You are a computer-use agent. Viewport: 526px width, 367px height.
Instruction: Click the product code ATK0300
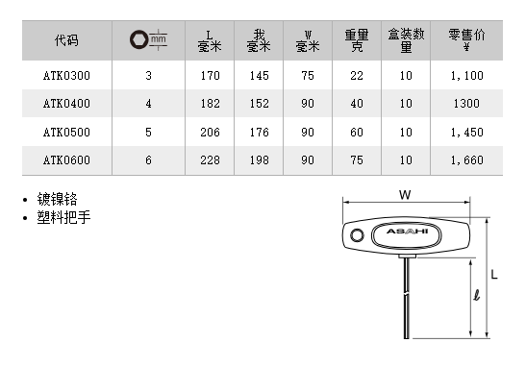pos(66,76)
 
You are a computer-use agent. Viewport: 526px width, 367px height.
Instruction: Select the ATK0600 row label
pos(66,160)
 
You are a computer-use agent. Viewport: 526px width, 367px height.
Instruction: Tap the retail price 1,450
pos(466,133)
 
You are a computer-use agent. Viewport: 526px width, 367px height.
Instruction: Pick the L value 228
pos(210,160)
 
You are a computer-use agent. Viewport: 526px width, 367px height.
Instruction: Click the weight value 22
pos(357,76)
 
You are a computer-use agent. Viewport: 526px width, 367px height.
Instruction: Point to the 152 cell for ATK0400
pos(259,104)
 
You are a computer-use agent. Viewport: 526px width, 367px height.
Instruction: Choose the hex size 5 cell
pos(148,133)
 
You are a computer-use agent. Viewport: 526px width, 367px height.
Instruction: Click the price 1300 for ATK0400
pos(466,104)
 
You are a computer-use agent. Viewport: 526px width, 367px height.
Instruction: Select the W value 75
pos(308,76)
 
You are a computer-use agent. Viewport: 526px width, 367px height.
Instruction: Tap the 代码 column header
pos(66,40)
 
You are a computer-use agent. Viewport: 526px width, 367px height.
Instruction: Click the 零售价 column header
pos(466,40)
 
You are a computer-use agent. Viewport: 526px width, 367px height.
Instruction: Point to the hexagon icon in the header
pos(138,39)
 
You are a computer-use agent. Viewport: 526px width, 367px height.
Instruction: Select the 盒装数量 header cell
pos(406,40)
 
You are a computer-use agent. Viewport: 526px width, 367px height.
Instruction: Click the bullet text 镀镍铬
pos(57,200)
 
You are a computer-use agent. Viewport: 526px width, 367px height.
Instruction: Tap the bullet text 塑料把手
pos(63,217)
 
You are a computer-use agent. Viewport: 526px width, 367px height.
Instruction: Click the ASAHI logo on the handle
pos(408,232)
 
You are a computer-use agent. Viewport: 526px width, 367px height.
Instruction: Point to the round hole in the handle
pos(357,234)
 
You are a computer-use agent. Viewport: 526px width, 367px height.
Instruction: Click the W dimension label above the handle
pos(405,195)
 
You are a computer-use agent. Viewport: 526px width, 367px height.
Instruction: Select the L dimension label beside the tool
pos(494,275)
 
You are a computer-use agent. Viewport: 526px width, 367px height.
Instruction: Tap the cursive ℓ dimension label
pos(477,295)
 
